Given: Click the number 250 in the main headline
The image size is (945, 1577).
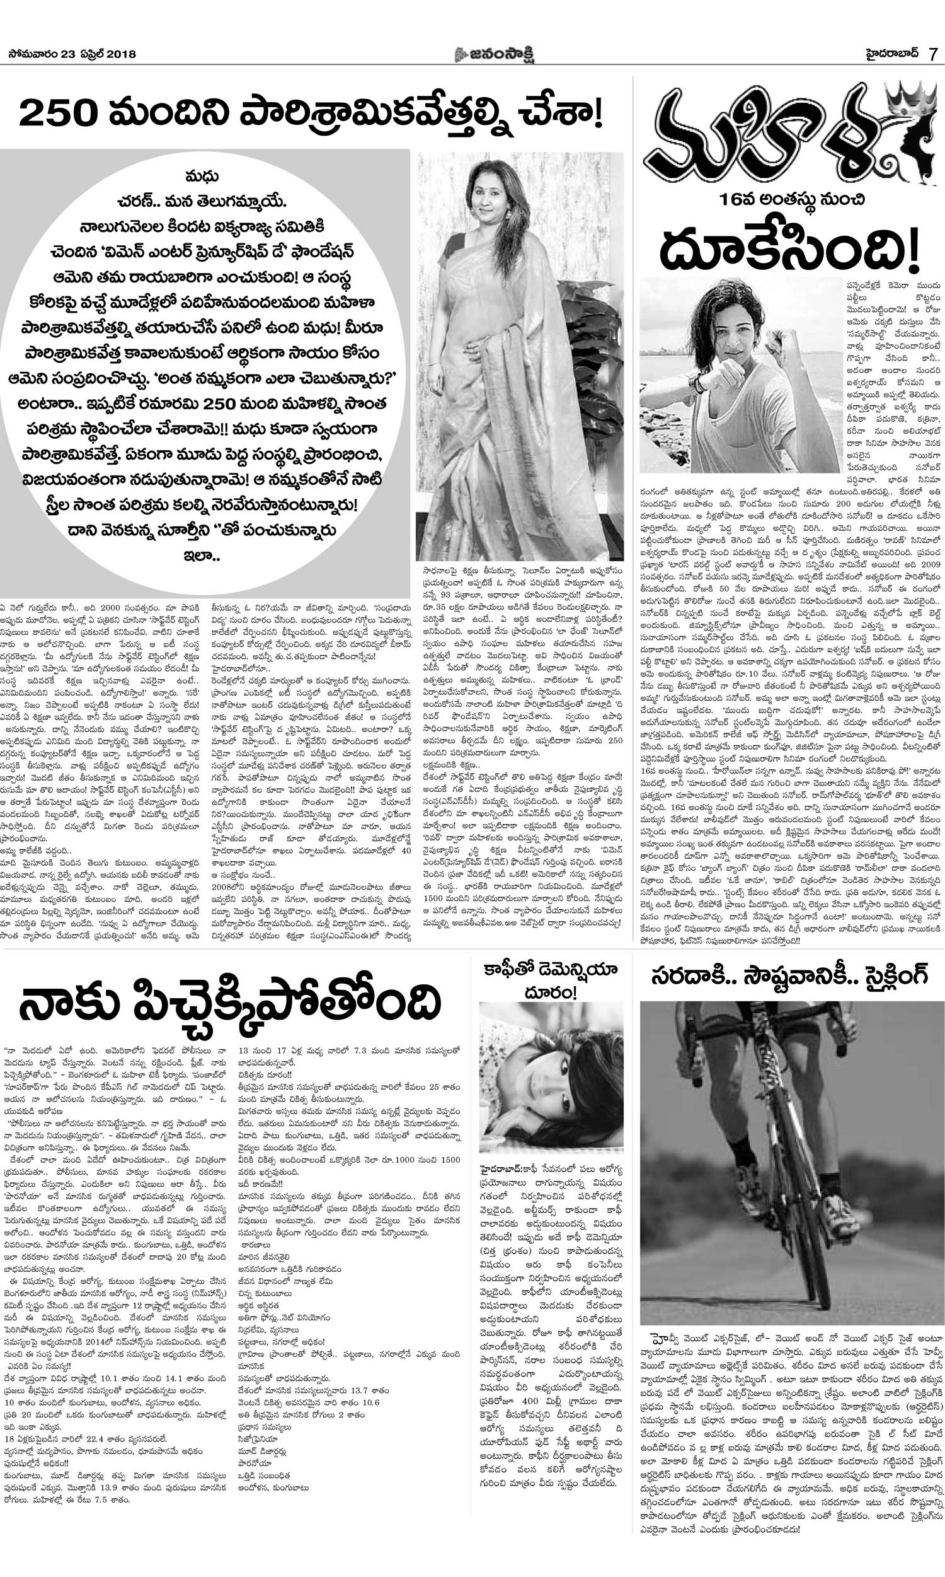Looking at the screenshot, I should (56, 115).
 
